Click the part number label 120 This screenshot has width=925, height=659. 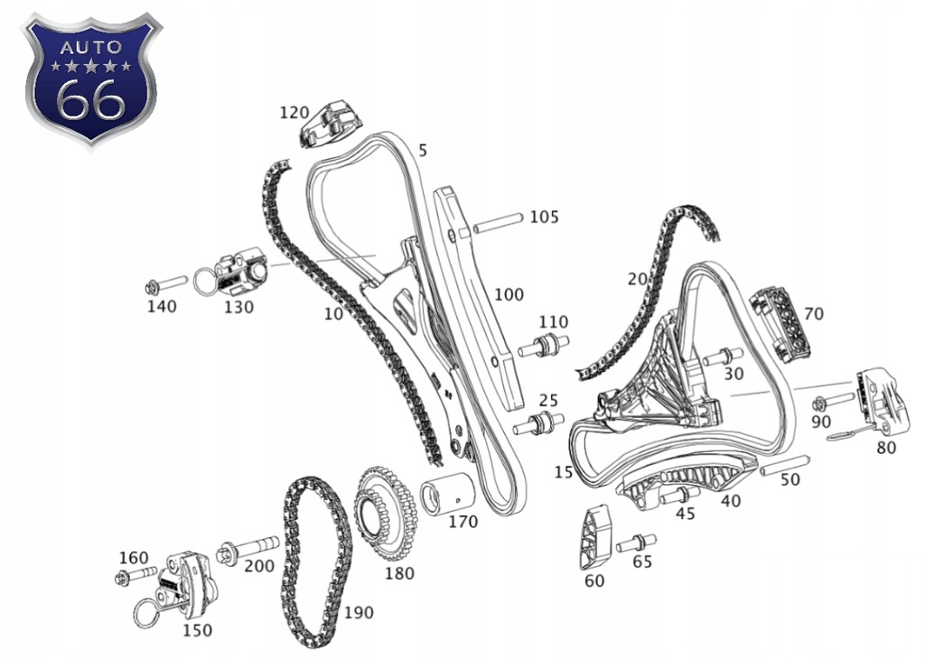tap(294, 113)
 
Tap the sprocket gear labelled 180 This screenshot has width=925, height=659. tap(387, 515)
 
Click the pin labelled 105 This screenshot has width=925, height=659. tap(497, 222)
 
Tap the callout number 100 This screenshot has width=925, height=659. tap(509, 294)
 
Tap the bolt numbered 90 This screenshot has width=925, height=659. tap(832, 400)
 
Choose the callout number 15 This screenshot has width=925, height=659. tap(564, 472)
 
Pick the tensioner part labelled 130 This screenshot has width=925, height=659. tap(237, 271)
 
